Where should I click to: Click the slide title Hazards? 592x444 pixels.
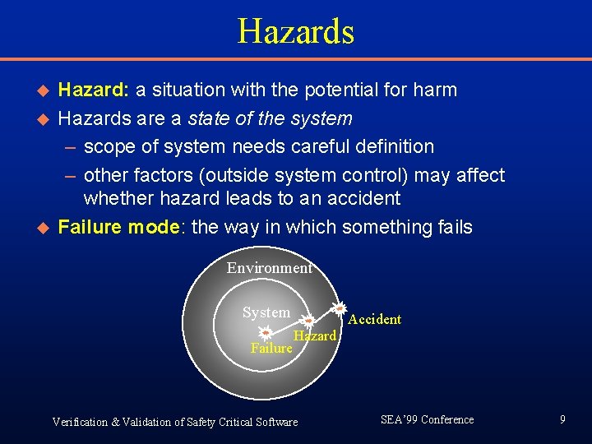[295, 32]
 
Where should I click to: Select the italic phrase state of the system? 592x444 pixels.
[270, 118]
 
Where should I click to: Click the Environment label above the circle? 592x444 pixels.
[269, 268]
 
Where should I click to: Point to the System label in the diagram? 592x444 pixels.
[266, 312]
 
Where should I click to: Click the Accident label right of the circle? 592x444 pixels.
[374, 319]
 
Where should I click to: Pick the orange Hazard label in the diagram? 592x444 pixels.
[315, 335]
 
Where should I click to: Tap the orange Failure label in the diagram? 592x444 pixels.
[271, 349]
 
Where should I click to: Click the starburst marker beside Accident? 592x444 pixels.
[338, 309]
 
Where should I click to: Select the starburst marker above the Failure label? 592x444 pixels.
[266, 333]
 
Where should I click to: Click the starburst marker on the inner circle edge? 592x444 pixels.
[306, 320]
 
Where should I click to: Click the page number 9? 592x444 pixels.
[562, 419]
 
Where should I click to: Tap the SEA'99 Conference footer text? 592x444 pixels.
[427, 419]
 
